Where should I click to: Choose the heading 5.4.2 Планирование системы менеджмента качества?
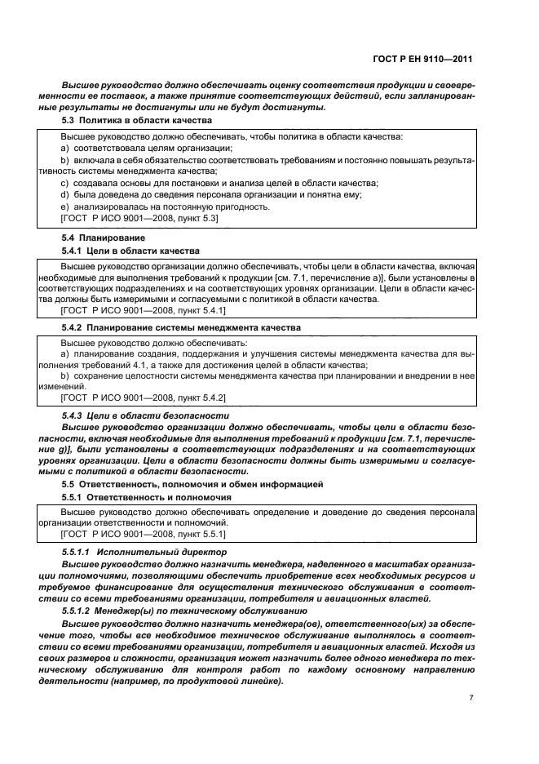tap(180, 326)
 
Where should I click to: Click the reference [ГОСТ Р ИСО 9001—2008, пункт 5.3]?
tap(139, 218)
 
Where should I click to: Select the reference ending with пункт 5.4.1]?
tap(143, 311)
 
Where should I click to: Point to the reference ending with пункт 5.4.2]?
tap(143, 397)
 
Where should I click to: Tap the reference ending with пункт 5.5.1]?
tap(143, 534)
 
